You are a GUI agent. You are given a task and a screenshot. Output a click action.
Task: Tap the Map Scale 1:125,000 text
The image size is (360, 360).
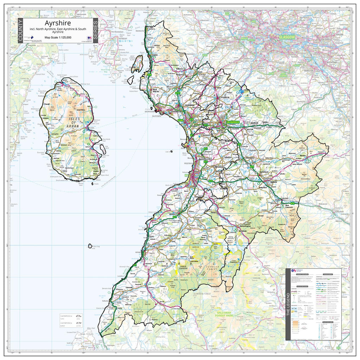(58, 37)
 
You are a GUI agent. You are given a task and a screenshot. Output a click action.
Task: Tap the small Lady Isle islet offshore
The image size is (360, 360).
(171, 152)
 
